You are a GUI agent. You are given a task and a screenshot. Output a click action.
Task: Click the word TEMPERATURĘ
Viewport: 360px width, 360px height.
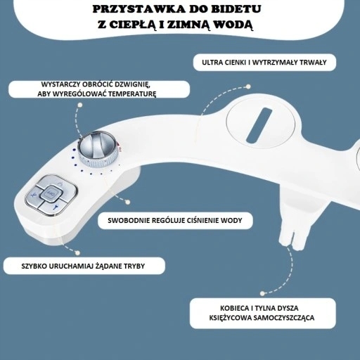pos(132,94)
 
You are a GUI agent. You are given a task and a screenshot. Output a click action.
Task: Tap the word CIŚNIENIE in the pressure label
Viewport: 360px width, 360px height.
pos(202,220)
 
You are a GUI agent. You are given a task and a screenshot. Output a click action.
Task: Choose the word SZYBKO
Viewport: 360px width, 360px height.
pos(34,266)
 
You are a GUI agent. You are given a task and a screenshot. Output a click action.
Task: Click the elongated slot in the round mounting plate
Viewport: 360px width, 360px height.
pos(259,125)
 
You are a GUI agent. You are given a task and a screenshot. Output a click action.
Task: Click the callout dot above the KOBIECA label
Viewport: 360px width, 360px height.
pos(262,293)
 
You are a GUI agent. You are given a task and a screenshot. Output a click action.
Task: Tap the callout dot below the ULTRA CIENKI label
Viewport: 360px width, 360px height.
pos(248,86)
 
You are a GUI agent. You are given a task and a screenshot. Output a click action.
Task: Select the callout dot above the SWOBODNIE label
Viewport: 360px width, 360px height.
pos(127,202)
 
